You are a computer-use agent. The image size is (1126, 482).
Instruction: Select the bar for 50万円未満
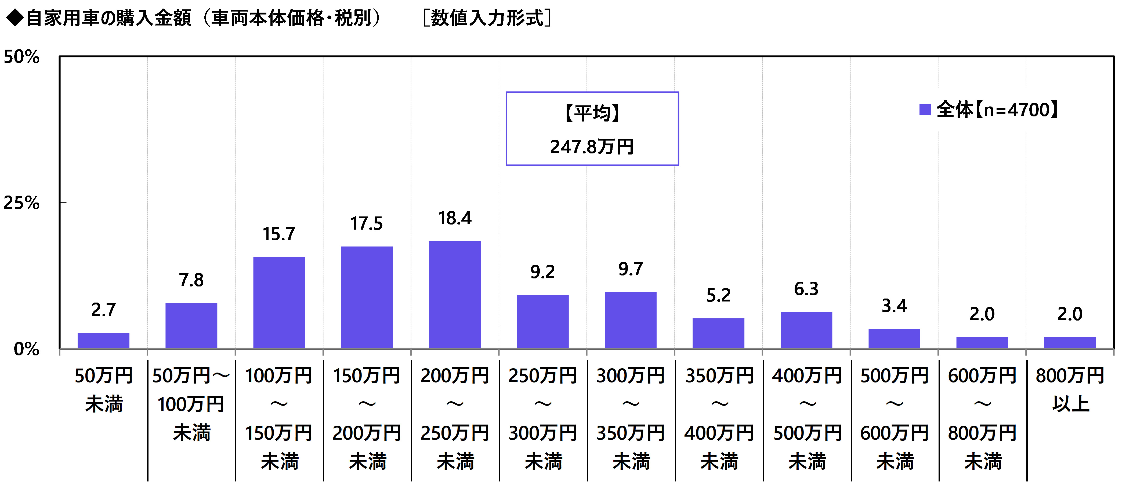tap(104, 341)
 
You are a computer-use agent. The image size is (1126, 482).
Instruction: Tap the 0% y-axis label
tap(26, 349)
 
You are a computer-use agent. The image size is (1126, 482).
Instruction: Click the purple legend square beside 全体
tap(925, 110)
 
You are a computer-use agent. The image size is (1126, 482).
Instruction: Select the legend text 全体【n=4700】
tap(997, 110)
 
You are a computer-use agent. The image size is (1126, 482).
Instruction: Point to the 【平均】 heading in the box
tap(592, 113)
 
